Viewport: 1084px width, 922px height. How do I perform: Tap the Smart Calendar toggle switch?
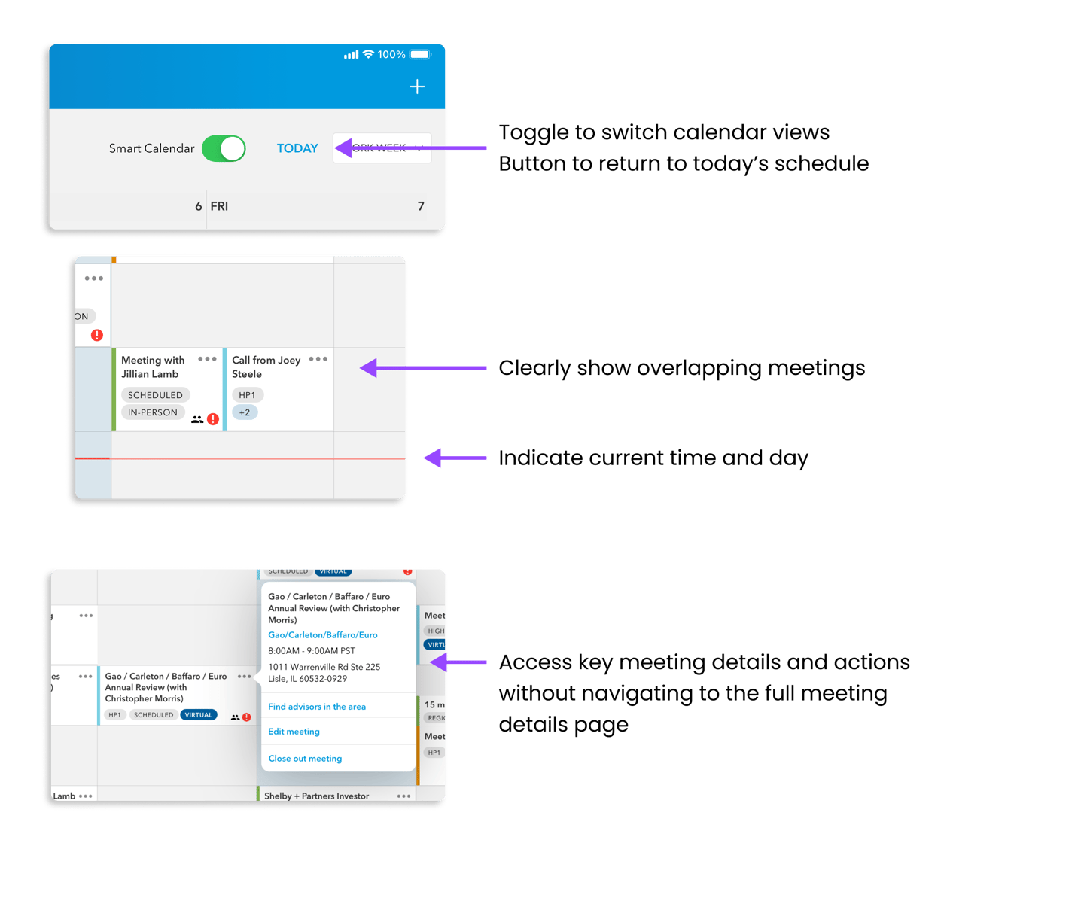(x=223, y=148)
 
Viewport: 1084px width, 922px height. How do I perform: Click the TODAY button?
(x=297, y=148)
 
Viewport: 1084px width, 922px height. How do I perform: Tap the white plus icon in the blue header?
(x=417, y=87)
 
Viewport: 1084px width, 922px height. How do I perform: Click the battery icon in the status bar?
(x=420, y=54)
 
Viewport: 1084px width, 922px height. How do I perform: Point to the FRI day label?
(x=219, y=206)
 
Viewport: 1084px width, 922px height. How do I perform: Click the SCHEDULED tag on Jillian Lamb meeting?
(x=155, y=395)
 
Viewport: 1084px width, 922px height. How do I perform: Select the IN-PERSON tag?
(x=153, y=412)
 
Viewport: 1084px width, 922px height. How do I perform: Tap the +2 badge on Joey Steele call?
(x=245, y=412)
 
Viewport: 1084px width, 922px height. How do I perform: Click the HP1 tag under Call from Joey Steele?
(x=247, y=395)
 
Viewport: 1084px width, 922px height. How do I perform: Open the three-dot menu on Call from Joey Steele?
(x=318, y=359)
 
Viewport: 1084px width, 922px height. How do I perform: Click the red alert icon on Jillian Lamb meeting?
(x=213, y=419)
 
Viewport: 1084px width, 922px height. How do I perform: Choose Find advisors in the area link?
(x=317, y=707)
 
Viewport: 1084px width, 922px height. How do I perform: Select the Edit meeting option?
(x=294, y=732)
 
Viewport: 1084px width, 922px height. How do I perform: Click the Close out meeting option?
(x=305, y=759)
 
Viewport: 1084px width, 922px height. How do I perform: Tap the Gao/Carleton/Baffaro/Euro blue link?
(x=323, y=635)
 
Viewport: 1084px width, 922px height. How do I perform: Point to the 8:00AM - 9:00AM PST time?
(x=312, y=651)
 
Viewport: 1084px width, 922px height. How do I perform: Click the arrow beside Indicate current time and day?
(x=455, y=458)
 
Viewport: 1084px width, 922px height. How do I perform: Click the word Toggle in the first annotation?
(x=533, y=133)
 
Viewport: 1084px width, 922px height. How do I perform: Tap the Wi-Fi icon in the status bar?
(x=368, y=54)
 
